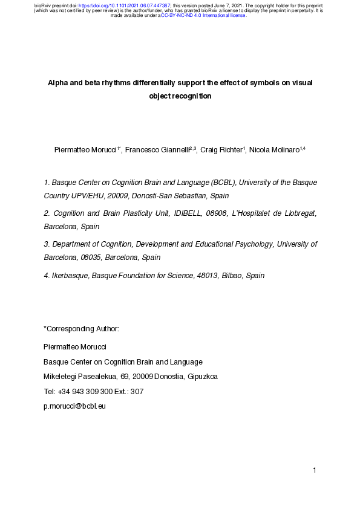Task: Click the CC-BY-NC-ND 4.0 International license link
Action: pos(203,15)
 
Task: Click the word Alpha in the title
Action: pos(59,83)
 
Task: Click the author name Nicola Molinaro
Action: pos(273,149)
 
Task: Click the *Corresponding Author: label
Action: pos(82,328)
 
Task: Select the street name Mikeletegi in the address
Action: pos(61,376)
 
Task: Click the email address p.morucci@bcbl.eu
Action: pos(75,406)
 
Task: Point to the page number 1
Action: pos(315,470)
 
